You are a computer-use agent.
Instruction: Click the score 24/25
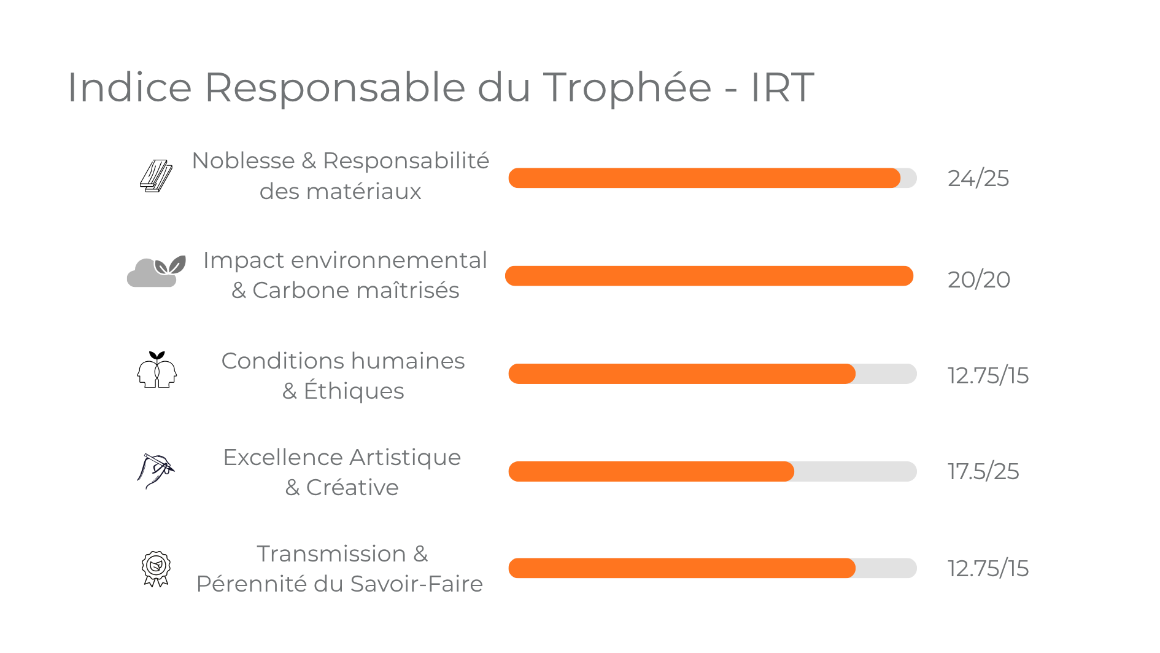click(x=978, y=179)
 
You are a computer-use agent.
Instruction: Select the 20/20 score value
click(x=978, y=280)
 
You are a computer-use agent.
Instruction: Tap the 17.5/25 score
click(x=983, y=472)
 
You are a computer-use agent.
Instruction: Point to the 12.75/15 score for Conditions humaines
click(x=988, y=375)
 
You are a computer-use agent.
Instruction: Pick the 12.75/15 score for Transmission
click(x=988, y=568)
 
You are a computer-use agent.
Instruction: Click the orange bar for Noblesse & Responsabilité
click(x=704, y=178)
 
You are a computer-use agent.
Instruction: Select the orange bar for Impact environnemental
click(x=709, y=276)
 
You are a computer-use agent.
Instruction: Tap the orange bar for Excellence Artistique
click(x=651, y=472)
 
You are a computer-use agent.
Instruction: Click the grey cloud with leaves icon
click(x=156, y=272)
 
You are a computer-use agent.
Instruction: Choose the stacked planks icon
click(x=156, y=176)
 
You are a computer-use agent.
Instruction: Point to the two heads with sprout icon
click(x=157, y=370)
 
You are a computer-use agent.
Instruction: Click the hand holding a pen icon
click(x=155, y=471)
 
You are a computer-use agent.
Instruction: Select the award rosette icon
click(x=156, y=568)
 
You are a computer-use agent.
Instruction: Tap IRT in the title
click(x=782, y=87)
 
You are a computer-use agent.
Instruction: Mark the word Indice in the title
click(x=130, y=87)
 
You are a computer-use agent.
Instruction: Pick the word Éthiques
click(x=354, y=390)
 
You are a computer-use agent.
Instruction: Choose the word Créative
click(x=352, y=487)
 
